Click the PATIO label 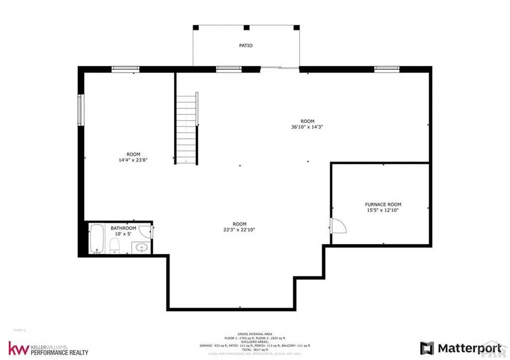point(246,45)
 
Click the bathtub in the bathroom point(97,239)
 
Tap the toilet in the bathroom point(114,245)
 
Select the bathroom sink point(141,247)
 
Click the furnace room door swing point(338,226)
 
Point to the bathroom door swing point(145,231)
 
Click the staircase point(187,130)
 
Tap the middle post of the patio point(246,27)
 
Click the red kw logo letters point(17,348)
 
